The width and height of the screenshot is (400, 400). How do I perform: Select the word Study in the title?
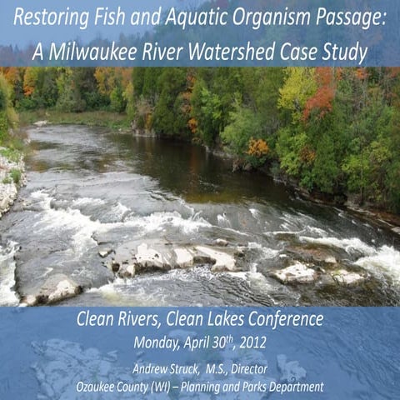click(x=344, y=52)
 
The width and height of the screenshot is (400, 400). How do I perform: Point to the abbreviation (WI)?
click(x=172, y=387)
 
